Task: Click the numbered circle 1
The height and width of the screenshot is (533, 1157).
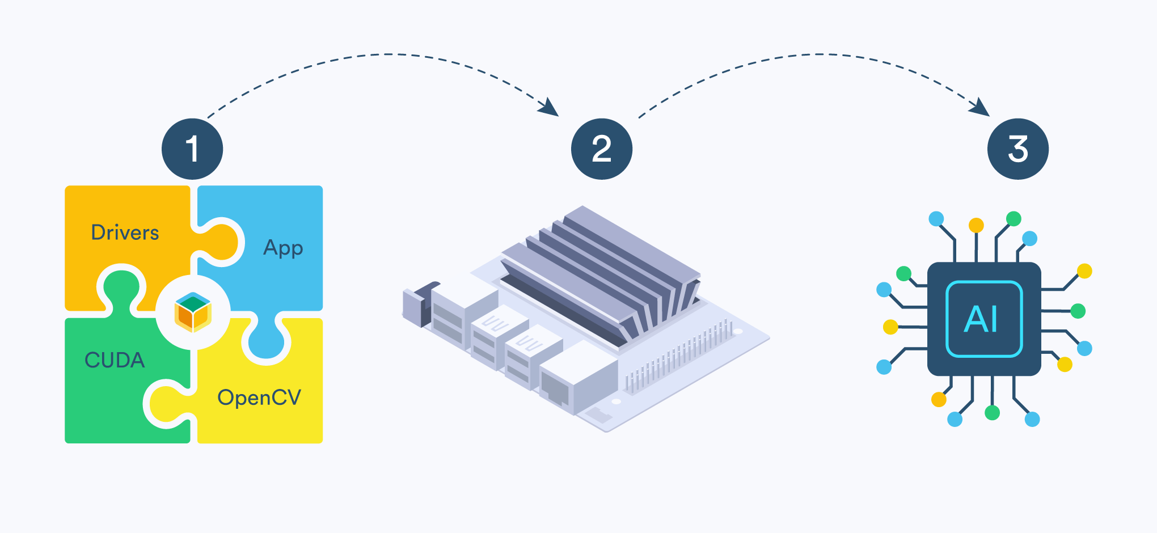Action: [192, 149]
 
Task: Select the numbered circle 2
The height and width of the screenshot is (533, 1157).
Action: [601, 149]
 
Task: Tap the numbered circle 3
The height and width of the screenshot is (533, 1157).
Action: [1017, 149]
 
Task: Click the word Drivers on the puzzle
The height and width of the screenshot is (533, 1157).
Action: [125, 232]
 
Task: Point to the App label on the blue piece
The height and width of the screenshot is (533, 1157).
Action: [283, 248]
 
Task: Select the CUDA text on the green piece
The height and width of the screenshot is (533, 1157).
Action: [115, 360]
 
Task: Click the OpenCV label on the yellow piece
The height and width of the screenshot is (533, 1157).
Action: [259, 397]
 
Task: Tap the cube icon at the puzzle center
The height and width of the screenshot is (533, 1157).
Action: [193, 312]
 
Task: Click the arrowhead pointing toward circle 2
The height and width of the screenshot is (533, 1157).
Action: [549, 107]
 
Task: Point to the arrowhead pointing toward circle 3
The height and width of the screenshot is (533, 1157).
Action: [980, 107]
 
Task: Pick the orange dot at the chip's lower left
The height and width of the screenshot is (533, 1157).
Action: [939, 400]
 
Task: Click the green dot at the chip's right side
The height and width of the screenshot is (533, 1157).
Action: [1078, 311]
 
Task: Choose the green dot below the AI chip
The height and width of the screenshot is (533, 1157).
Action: [992, 413]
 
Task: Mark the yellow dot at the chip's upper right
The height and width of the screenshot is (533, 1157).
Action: [1084, 271]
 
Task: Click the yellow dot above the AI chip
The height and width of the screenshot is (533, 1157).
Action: [976, 225]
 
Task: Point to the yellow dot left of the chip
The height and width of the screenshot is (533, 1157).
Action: [890, 327]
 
